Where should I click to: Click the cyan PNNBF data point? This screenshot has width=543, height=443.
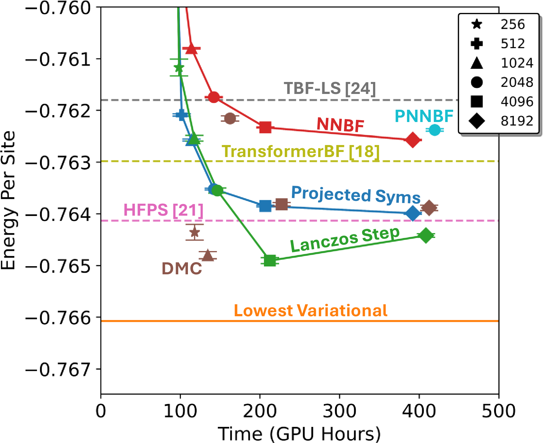pos(435,130)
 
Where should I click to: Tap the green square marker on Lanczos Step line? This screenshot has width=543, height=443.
pos(270,260)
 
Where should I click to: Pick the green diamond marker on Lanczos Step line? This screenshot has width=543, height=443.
pos(426,236)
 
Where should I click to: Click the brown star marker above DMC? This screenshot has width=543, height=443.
pos(195,233)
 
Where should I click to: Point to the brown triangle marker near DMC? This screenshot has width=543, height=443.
pos(207,255)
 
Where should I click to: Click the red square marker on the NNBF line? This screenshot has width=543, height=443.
pos(265,127)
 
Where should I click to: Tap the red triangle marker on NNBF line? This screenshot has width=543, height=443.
pos(191,49)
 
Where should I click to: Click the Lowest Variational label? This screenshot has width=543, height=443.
pos(311,311)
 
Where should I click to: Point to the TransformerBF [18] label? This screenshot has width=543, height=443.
pos(301,152)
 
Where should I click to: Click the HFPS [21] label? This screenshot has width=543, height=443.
pos(163,210)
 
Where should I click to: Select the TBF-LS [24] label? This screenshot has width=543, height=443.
pos(330,88)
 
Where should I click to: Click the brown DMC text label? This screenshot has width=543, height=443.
pos(182,269)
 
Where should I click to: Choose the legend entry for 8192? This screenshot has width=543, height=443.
pos(517,121)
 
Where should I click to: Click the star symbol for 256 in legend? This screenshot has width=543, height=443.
pos(477,24)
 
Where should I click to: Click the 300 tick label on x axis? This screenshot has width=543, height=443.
pos(339,411)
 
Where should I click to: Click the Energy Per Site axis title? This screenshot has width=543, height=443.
pos(9,201)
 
